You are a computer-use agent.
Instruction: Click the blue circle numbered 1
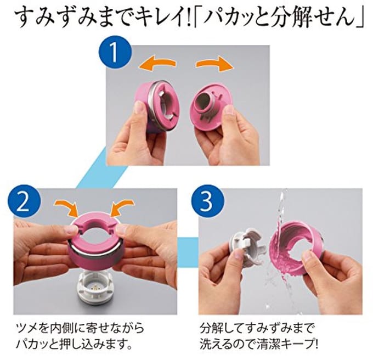[x=115, y=52]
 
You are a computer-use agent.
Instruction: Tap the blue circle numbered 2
[x=24, y=202]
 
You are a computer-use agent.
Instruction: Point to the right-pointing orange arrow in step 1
[x=215, y=64]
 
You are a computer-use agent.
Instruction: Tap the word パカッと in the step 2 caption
[x=37, y=344]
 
